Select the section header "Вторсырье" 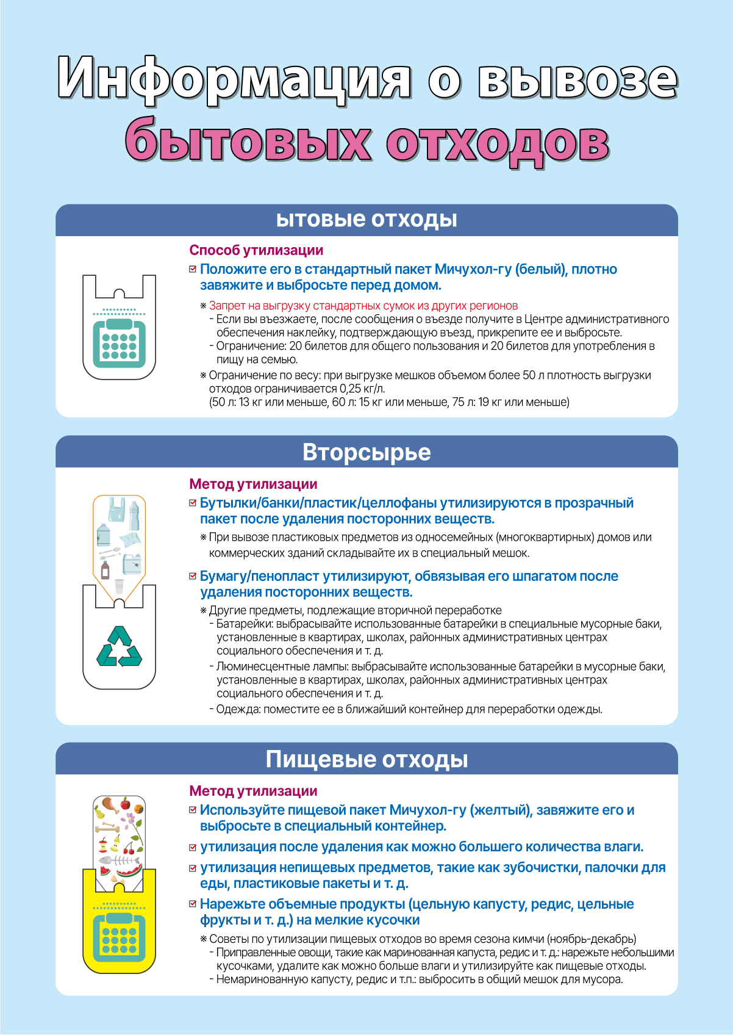pos(366,452)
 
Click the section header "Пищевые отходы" pos(366,759)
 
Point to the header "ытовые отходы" pos(366,219)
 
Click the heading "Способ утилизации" pos(256,250)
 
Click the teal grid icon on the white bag pos(120,344)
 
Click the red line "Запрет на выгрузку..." pos(363,306)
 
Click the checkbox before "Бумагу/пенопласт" pos(193,576)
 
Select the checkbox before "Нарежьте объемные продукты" pos(193,904)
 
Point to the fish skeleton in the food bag pos(120,860)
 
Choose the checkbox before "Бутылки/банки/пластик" pos(193,503)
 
